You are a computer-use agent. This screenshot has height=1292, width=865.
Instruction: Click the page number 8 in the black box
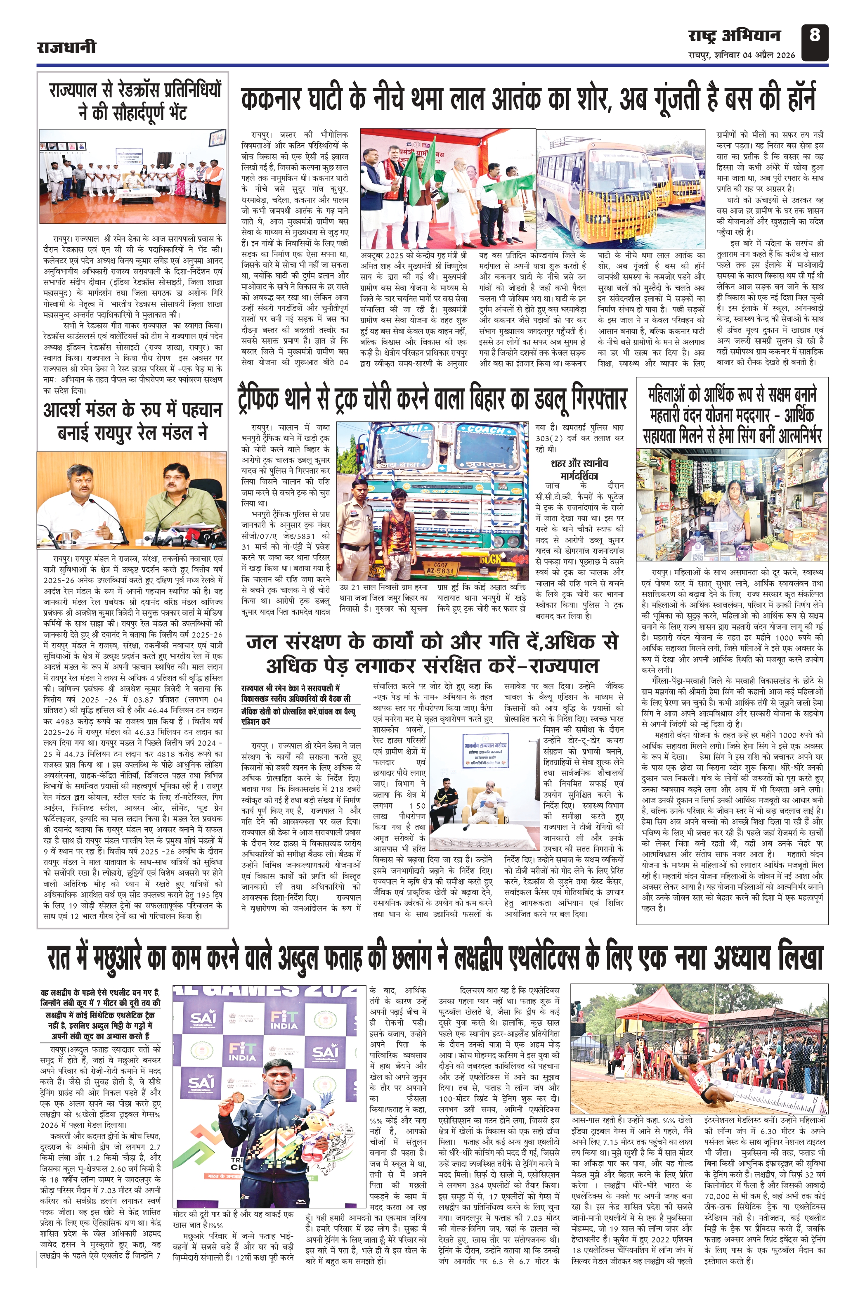point(815,36)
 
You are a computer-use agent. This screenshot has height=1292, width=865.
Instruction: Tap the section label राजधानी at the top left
point(66,47)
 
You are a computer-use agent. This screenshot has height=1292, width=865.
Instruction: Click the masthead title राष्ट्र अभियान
point(734,36)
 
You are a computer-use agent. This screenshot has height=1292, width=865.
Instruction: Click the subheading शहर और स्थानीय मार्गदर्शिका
point(579,469)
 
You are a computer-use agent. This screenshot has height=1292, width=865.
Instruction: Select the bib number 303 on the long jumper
point(701,1079)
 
